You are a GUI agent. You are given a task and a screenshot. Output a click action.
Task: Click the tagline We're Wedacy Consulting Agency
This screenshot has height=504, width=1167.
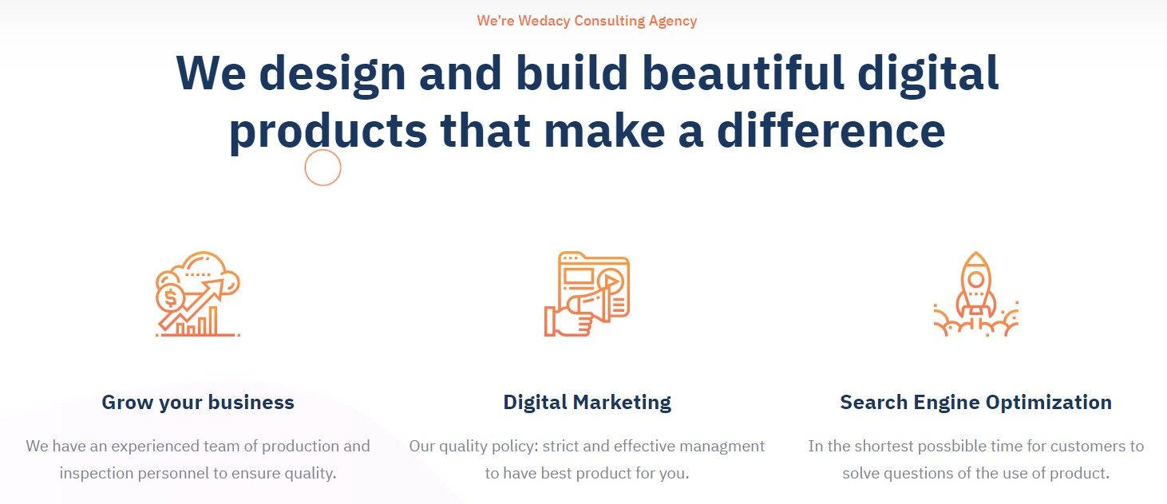click(x=587, y=21)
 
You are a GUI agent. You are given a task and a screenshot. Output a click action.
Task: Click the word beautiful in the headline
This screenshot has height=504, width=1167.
click(x=743, y=73)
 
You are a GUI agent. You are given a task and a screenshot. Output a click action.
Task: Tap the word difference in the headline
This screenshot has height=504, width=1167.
click(x=831, y=130)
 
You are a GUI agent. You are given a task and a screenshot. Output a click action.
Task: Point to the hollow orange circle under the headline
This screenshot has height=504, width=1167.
click(x=305, y=167)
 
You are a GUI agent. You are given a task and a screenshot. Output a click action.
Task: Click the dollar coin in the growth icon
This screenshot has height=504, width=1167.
click(x=170, y=298)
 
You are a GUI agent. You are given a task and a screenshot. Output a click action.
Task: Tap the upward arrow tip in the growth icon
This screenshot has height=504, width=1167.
click(x=221, y=282)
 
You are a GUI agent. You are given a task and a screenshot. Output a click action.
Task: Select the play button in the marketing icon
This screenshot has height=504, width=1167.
click(x=611, y=282)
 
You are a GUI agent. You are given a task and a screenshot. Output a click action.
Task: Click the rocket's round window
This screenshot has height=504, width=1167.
click(x=975, y=280)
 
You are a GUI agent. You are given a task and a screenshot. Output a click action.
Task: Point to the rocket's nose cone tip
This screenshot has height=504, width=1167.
click(x=975, y=253)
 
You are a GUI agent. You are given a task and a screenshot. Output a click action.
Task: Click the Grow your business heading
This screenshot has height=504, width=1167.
click(x=198, y=403)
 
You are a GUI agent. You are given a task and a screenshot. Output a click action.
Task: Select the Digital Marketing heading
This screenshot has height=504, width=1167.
click(x=587, y=403)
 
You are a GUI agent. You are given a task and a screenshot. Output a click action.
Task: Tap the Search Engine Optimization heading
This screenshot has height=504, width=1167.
click(x=975, y=403)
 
